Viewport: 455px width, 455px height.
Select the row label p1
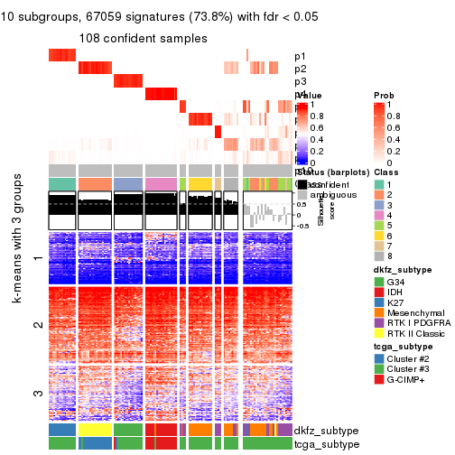pyautogui.click(x=301, y=56)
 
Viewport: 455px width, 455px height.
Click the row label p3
pyautogui.click(x=301, y=81)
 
